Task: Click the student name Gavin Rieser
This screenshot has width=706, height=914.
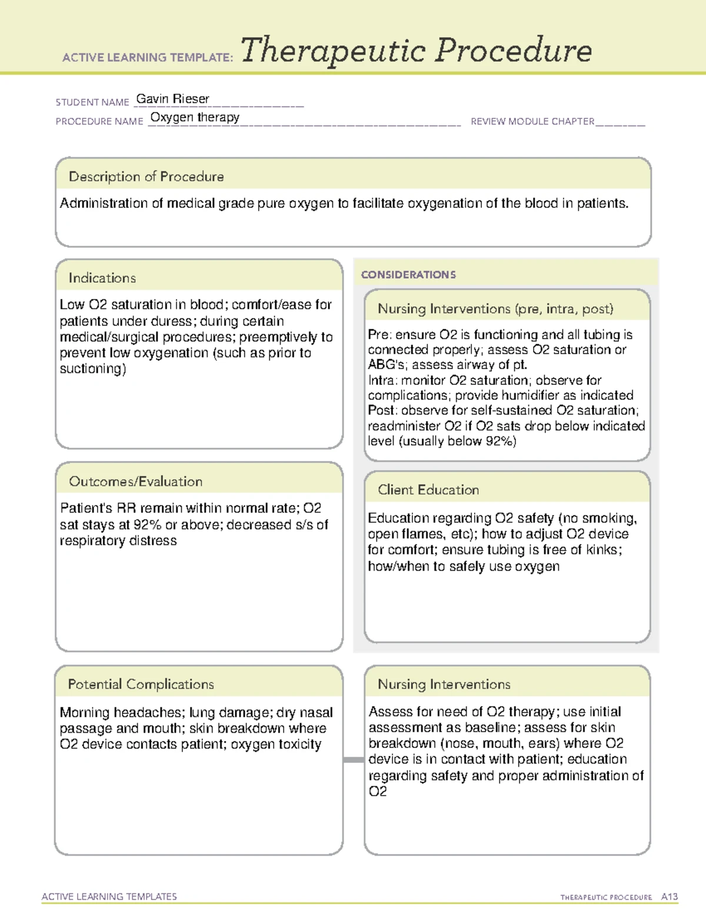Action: coord(172,99)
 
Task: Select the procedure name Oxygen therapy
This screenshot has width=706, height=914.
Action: coord(195,117)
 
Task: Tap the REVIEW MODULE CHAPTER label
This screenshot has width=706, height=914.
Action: coord(532,121)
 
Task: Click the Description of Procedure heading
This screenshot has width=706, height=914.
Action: coord(146,177)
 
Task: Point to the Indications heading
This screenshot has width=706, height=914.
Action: coord(102,278)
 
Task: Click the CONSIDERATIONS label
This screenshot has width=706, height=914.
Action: coord(408,275)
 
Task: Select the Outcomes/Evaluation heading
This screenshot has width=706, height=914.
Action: coord(135,481)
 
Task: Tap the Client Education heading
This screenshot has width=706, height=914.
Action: coord(428,490)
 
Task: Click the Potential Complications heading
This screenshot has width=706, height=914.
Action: coord(141,684)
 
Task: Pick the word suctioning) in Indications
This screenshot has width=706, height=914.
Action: coord(92,369)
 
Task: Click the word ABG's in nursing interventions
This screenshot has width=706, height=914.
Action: coord(386,365)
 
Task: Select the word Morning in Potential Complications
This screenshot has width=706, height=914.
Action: coord(85,713)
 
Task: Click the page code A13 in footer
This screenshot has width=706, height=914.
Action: coord(669,897)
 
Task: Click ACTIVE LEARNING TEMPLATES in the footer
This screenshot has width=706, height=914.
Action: coord(109,896)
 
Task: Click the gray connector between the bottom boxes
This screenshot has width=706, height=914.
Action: coord(353,760)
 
